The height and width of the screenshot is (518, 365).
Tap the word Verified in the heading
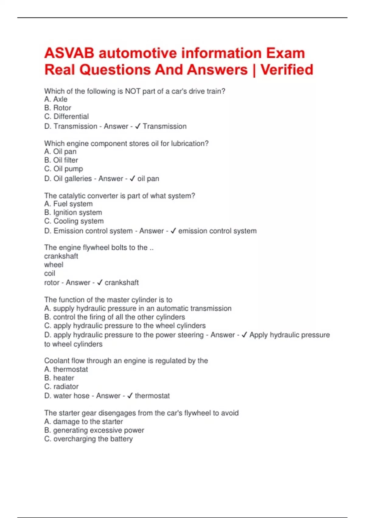(x=287, y=70)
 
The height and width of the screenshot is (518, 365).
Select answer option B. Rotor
(x=57, y=108)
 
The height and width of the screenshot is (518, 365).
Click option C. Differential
(x=66, y=116)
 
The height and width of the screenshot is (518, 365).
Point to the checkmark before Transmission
(x=138, y=126)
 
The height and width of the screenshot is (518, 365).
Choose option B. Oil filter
(x=61, y=160)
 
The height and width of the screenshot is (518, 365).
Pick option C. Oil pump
(x=63, y=169)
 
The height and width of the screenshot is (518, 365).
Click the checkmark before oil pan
(x=132, y=179)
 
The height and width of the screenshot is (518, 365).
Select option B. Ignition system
(x=73, y=212)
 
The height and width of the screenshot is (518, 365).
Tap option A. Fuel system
(x=68, y=204)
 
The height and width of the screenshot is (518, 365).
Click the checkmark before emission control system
(x=173, y=231)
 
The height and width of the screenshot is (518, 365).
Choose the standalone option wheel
(x=54, y=265)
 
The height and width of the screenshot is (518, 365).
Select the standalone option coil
(x=50, y=273)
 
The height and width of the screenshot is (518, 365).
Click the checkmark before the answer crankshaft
(x=100, y=283)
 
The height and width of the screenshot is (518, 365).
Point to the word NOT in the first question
(x=133, y=91)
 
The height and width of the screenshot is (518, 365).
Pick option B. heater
(x=59, y=378)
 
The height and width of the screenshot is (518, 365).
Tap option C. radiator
(x=61, y=387)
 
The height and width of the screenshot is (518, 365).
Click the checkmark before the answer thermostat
(x=130, y=396)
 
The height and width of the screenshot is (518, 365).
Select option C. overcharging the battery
(x=88, y=439)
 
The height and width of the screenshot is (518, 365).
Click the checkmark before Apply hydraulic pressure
(x=244, y=335)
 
